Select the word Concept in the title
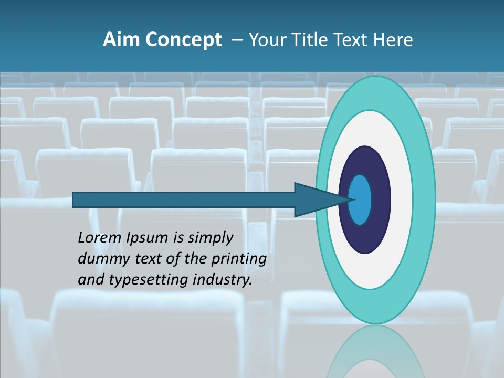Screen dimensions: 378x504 (184, 40)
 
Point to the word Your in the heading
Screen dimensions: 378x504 (268, 40)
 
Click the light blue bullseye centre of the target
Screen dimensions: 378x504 (360, 199)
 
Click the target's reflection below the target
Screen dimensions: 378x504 (375, 354)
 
